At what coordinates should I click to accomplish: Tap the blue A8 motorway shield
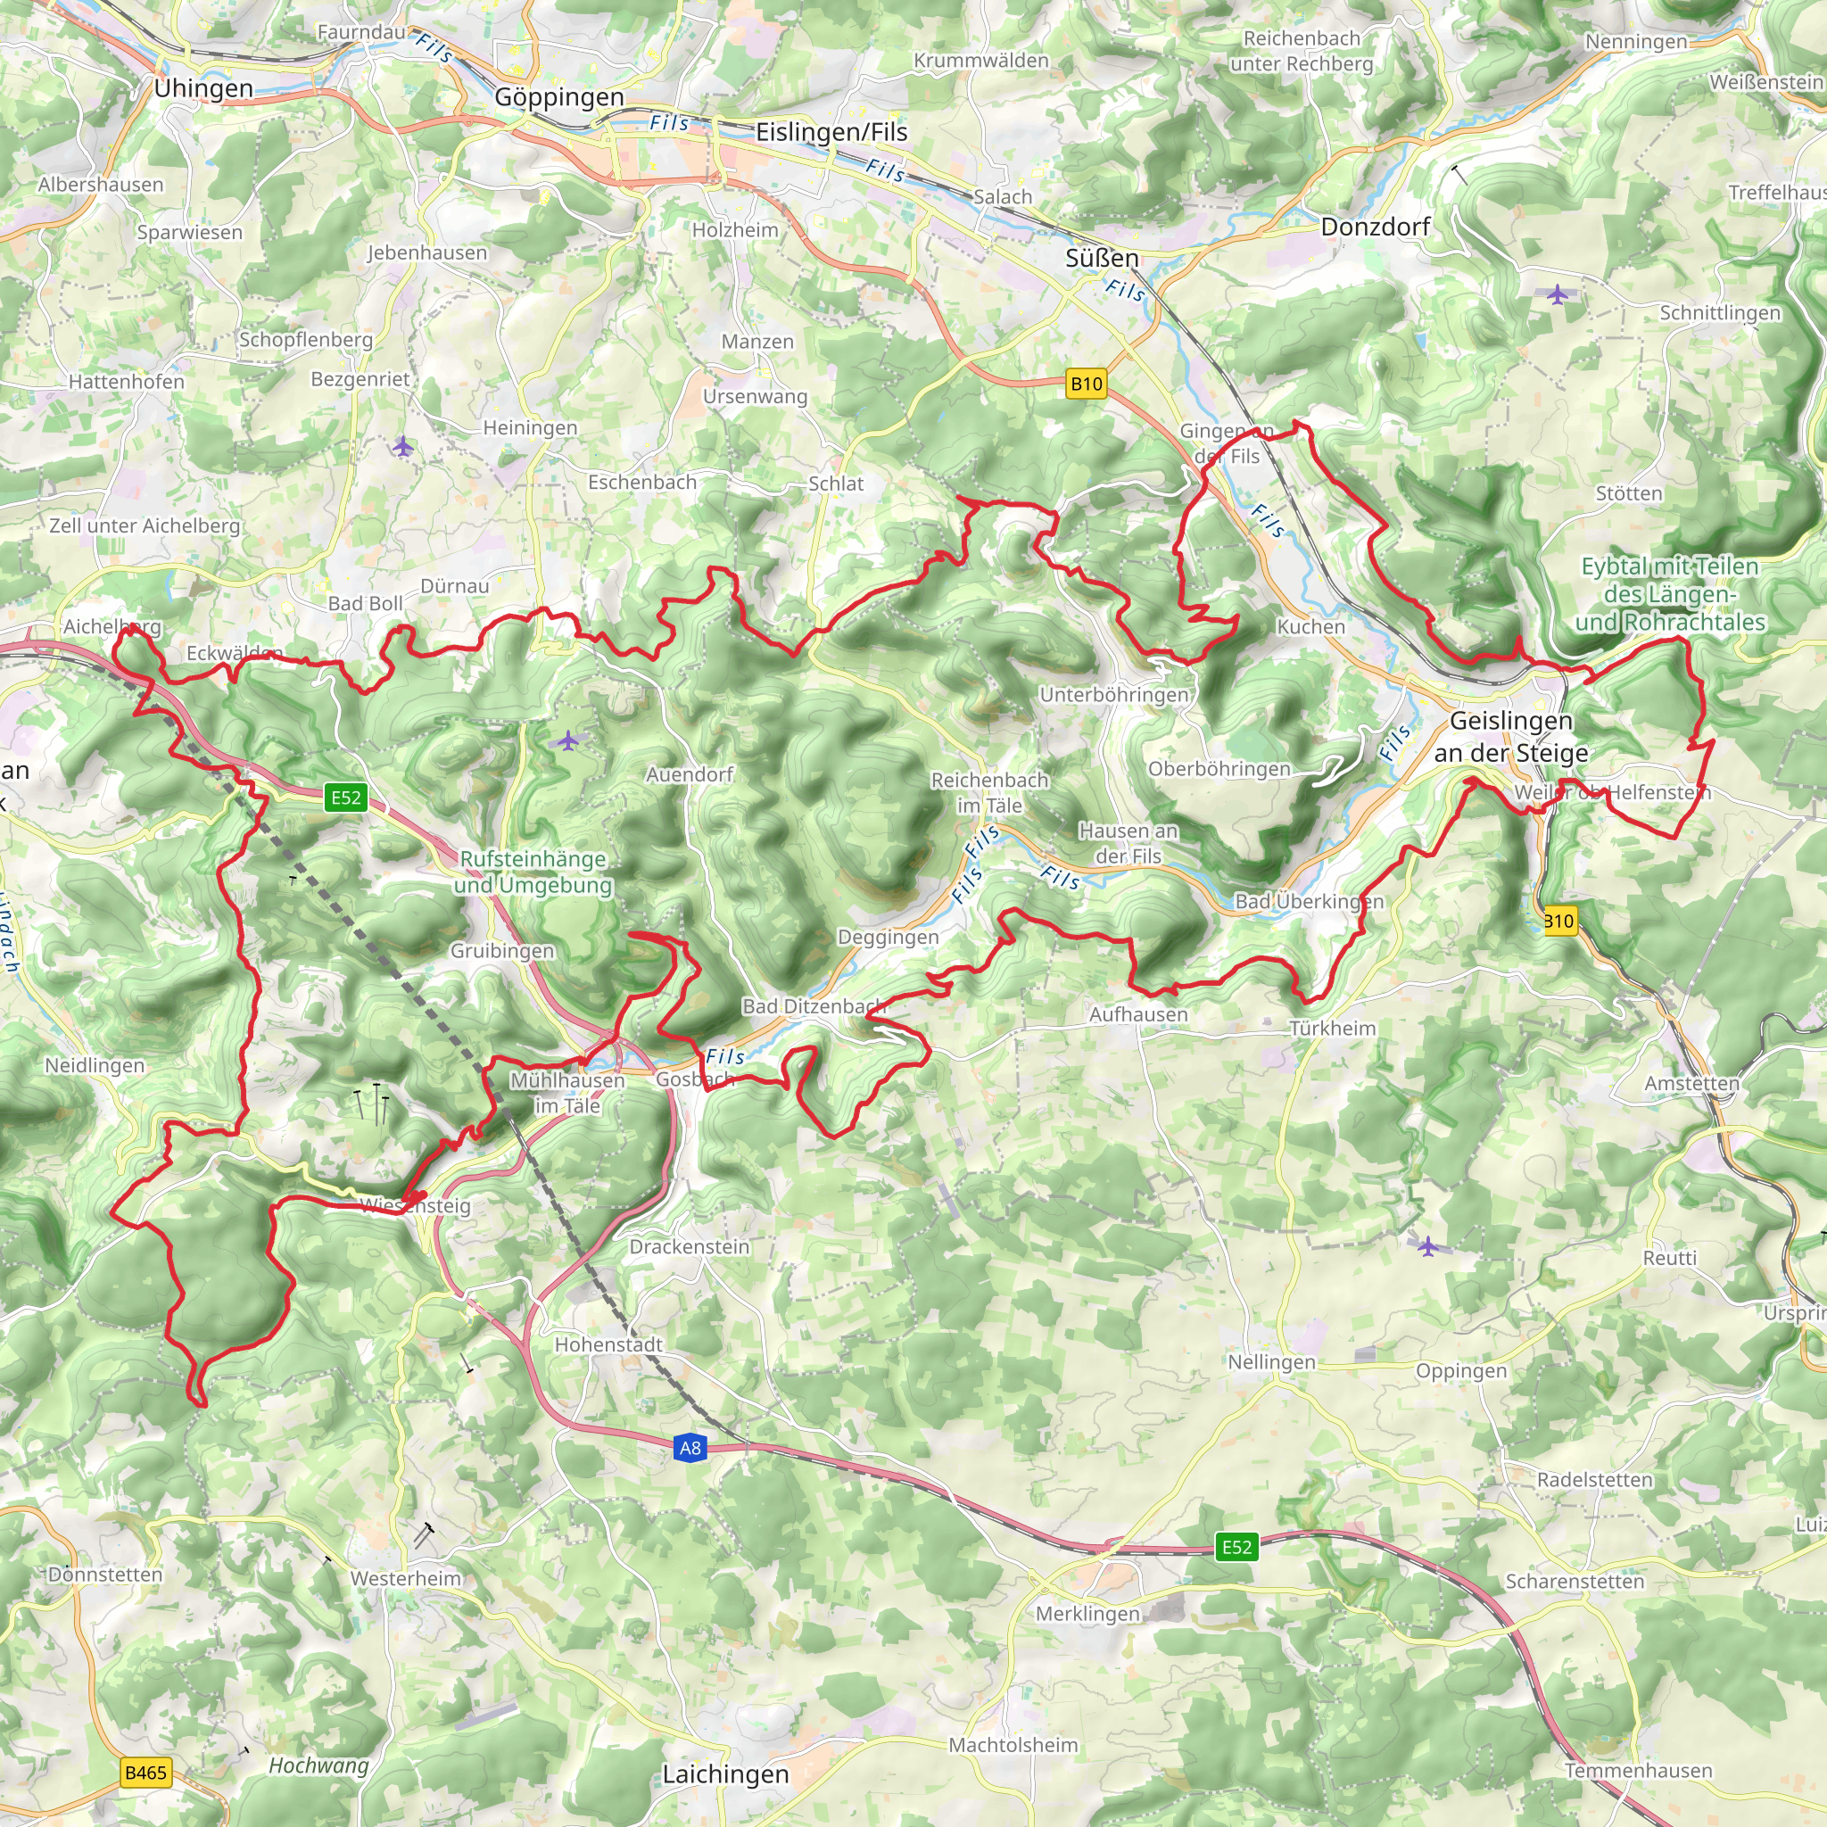690,1448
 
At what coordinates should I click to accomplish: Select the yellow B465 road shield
145,1773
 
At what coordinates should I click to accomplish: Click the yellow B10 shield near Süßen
1086,383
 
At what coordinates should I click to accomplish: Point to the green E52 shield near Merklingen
1236,1547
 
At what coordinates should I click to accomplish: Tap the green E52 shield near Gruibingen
345,798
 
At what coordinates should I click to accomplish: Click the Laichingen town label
724,1774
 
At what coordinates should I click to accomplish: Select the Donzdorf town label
1375,227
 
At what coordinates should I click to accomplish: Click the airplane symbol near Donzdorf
1558,294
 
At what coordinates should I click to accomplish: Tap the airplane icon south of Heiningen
404,445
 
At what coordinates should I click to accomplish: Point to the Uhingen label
203,89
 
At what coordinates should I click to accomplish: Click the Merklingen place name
1087,1613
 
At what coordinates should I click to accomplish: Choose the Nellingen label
1271,1361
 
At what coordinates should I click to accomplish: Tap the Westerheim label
406,1578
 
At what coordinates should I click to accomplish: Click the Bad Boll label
365,603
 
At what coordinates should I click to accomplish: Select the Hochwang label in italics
318,1765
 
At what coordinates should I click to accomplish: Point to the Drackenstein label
690,1246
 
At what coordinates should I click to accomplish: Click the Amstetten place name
1691,1083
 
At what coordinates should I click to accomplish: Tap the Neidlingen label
95,1066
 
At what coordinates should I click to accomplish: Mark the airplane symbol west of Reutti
1428,1246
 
